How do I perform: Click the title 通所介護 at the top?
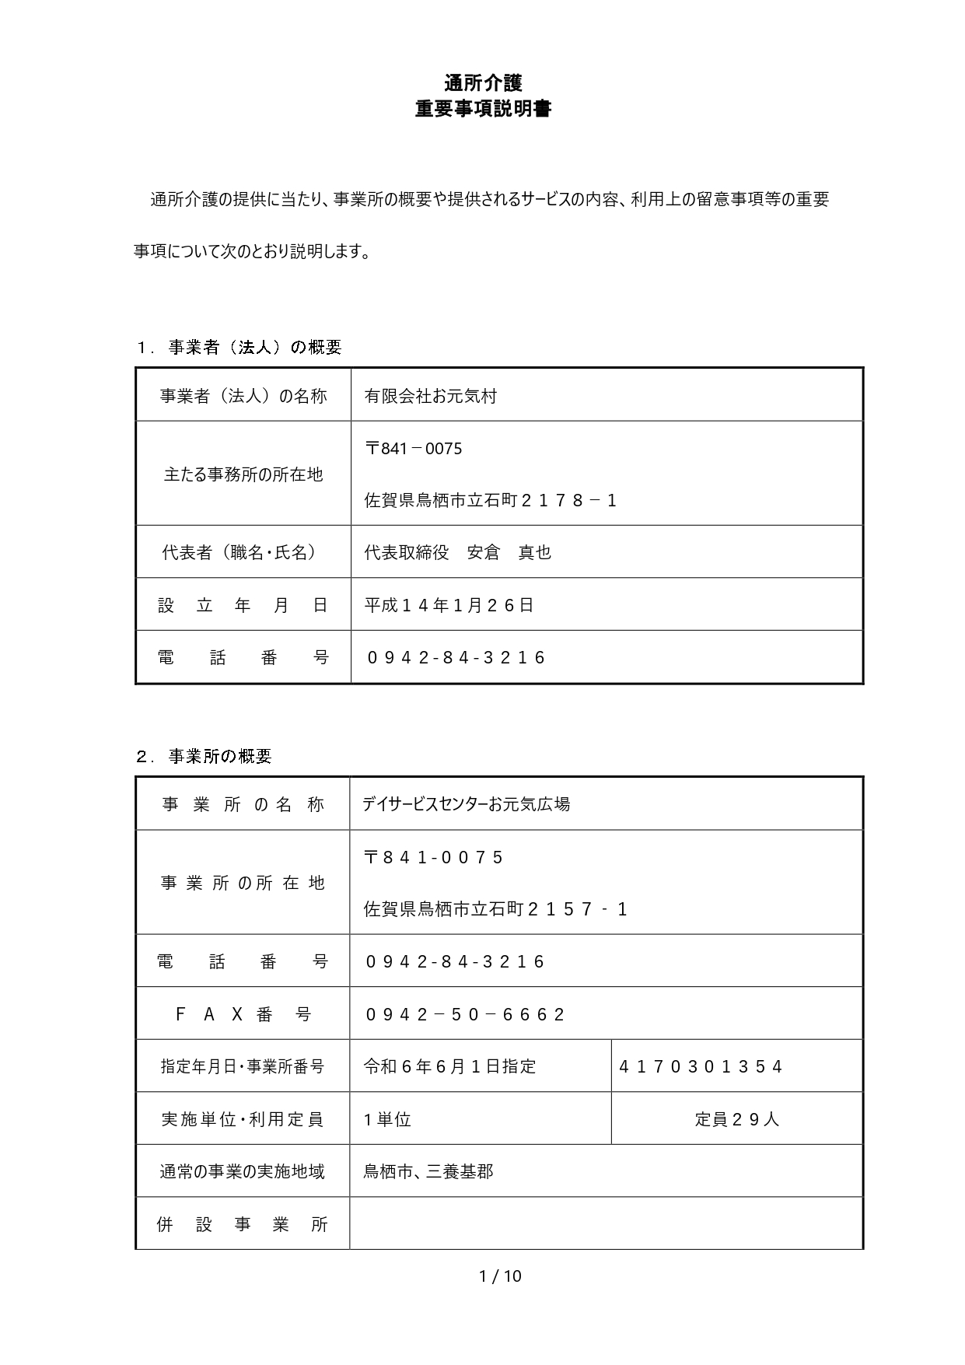click(x=483, y=82)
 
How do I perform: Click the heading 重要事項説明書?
click(x=483, y=109)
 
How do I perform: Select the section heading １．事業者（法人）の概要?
click(x=239, y=348)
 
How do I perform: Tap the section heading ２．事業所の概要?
click(x=204, y=756)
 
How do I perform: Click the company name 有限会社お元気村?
click(x=430, y=396)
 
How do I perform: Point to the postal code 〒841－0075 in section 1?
click(x=413, y=449)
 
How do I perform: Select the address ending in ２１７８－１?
click(x=491, y=500)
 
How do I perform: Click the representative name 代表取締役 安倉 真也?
click(x=457, y=552)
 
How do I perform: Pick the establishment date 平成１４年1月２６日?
click(x=449, y=605)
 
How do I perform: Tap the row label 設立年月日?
click(x=243, y=605)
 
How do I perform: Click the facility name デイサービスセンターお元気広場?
click(x=466, y=804)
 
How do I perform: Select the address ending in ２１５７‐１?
click(x=495, y=909)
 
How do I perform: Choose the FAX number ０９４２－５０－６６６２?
click(x=465, y=1014)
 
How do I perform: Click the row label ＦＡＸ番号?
click(x=243, y=1014)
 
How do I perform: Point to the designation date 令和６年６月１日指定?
click(x=449, y=1066)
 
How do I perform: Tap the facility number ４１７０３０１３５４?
click(x=700, y=1066)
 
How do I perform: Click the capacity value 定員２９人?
click(x=736, y=1119)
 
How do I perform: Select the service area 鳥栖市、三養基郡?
click(x=428, y=1171)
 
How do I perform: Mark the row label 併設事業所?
click(x=243, y=1224)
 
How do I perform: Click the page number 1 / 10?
click(x=500, y=1276)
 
